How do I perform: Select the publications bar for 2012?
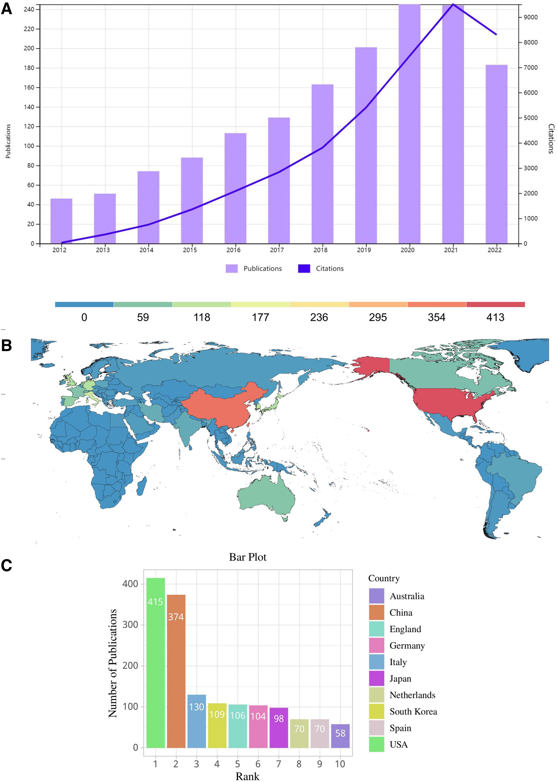coord(62,221)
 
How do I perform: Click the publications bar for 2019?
coord(366,145)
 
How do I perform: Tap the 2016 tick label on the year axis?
coord(233,250)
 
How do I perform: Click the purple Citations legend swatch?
coord(304,268)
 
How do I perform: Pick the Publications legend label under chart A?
coord(262,268)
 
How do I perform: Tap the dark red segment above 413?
coord(495,304)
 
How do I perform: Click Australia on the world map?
coord(266,497)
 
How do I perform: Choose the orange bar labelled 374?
coord(176,672)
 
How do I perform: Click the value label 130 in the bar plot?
coord(197,707)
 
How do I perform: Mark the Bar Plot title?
coord(248,557)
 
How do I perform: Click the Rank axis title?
coord(247,776)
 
